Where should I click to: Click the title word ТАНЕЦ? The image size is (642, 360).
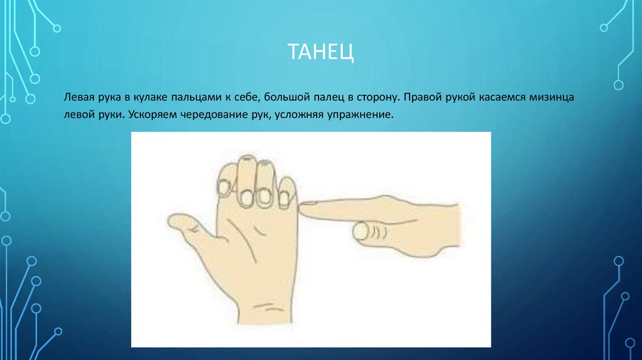pos(320,51)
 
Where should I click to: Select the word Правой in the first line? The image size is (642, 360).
pos(423,98)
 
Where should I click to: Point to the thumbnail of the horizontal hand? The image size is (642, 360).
pos(360,232)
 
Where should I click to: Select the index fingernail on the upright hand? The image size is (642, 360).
pos(224,186)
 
